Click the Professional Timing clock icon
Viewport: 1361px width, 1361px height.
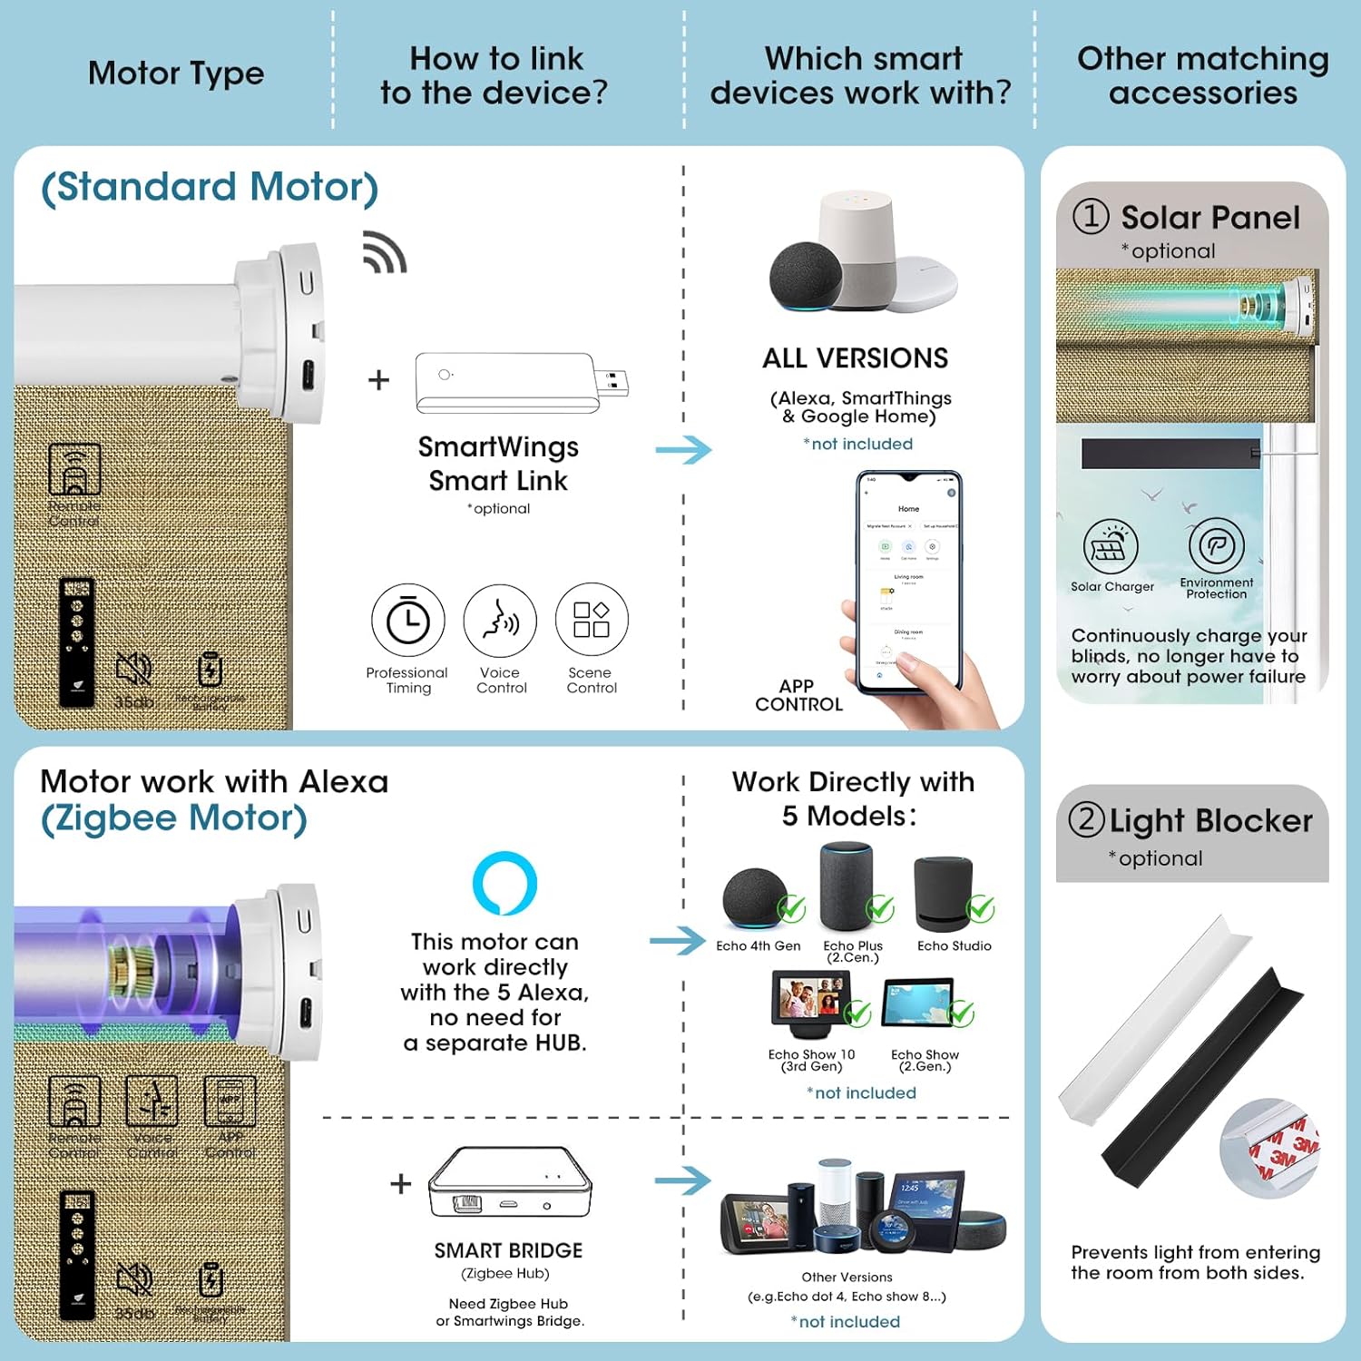[x=408, y=621]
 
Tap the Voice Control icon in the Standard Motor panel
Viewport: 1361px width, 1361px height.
[x=500, y=621]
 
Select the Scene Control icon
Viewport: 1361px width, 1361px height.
[x=592, y=620]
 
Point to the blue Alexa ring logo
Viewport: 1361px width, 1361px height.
[x=504, y=883]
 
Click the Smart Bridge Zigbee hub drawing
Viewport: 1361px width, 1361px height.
[x=510, y=1182]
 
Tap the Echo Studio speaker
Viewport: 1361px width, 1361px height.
[x=945, y=895]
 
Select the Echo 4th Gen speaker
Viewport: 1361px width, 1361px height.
[x=755, y=899]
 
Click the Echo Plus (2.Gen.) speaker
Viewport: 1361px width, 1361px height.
[x=846, y=887]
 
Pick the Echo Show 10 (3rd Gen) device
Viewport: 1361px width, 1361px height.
[x=810, y=1004]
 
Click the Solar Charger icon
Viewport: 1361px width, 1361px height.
[x=1111, y=546]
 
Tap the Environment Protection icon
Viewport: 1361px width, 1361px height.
[x=1217, y=545]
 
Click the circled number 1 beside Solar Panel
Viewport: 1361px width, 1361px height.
[x=1091, y=216]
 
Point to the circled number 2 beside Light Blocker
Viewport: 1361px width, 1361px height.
[x=1086, y=819]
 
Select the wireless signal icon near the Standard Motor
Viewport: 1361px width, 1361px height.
[x=385, y=252]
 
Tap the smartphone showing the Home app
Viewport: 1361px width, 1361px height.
[x=908, y=581]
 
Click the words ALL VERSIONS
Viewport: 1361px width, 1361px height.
[x=855, y=358]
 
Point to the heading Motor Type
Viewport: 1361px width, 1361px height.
[x=176, y=73]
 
